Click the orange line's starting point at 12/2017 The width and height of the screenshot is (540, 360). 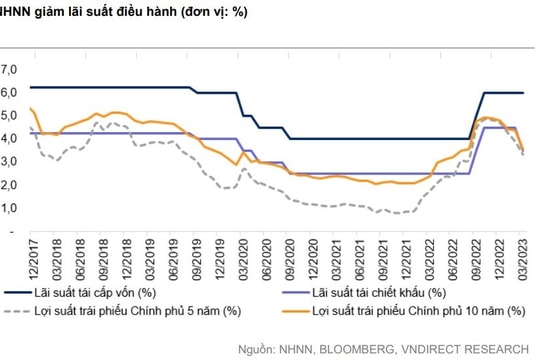pyautogui.click(x=31, y=109)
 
